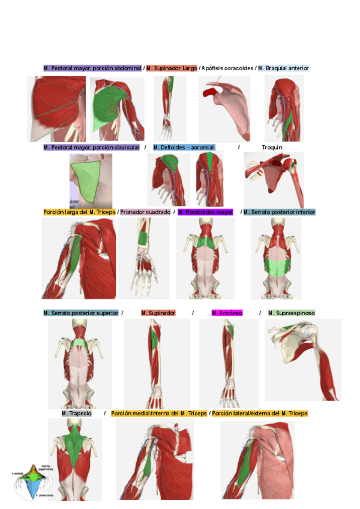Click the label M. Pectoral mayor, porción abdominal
[x=92, y=68]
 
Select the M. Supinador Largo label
[x=172, y=68]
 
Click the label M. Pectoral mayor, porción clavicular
[x=92, y=147]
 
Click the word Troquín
[x=272, y=147]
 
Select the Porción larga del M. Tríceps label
[x=79, y=212]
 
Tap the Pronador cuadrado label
[x=145, y=212]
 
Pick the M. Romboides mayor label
[x=206, y=212]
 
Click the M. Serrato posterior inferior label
[x=280, y=212]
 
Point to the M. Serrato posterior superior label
[x=81, y=313]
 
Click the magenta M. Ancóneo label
[x=227, y=313]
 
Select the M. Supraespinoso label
[x=292, y=313]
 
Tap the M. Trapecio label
[x=77, y=414]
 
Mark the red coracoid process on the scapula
[x=210, y=92]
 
